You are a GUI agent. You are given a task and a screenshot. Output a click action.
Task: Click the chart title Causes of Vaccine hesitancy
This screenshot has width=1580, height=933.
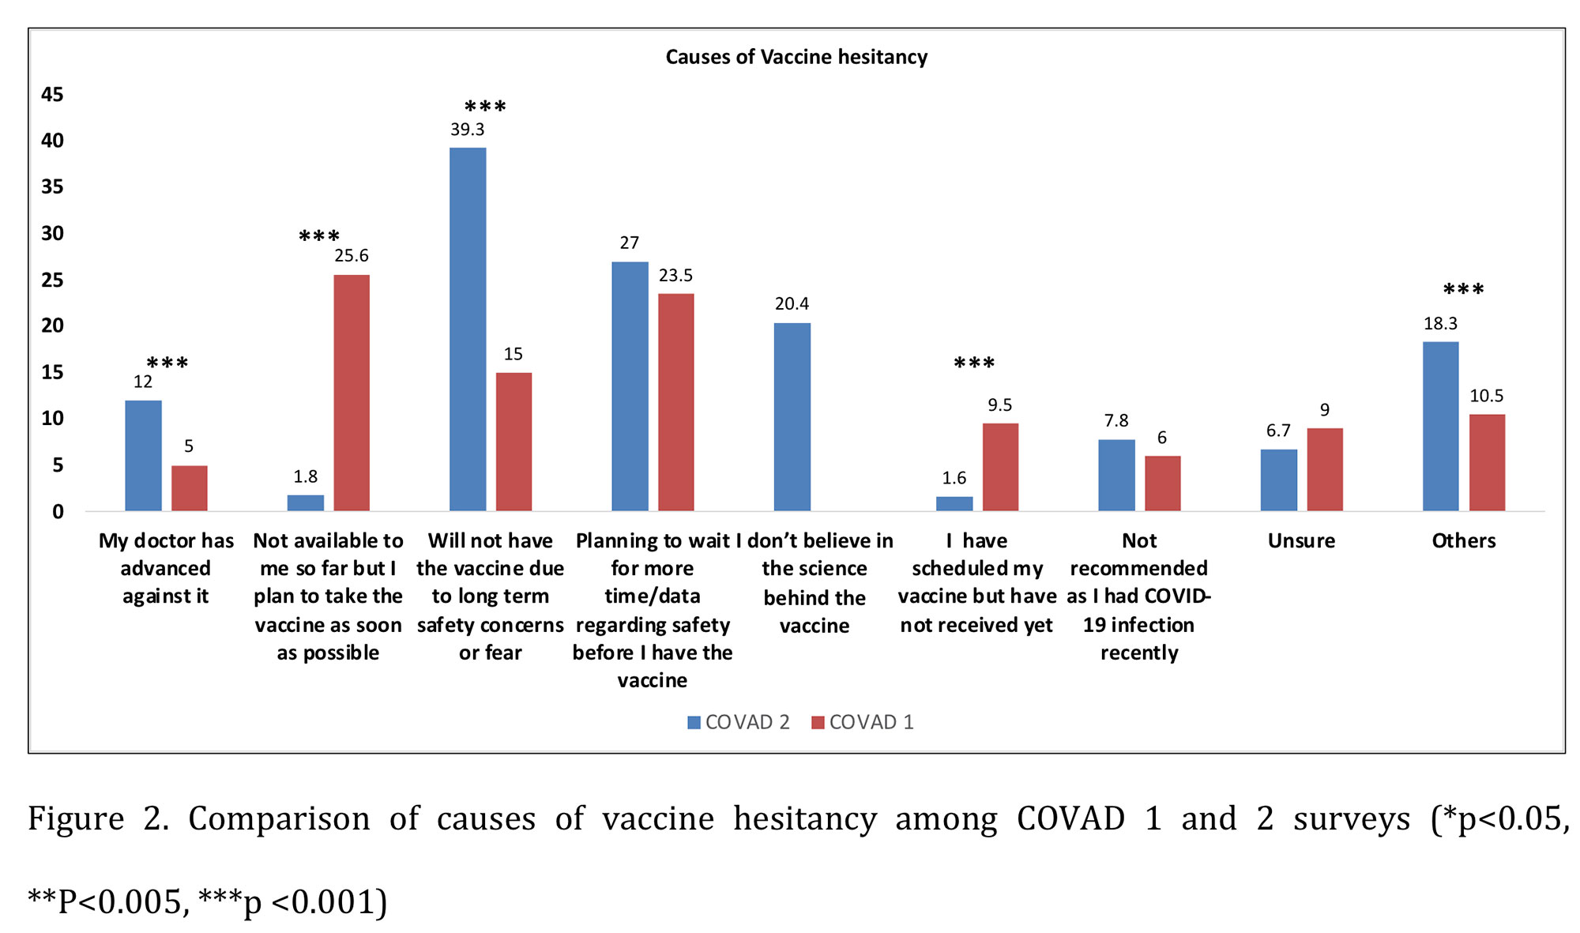(796, 57)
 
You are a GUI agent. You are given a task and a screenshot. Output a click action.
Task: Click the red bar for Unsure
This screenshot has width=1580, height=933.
(1325, 469)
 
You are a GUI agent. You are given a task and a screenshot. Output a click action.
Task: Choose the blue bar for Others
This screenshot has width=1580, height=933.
(1440, 426)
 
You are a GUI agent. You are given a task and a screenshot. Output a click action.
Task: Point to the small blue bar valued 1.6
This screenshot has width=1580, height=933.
(954, 503)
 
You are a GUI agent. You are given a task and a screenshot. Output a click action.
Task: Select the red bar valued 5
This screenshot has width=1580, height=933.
(190, 488)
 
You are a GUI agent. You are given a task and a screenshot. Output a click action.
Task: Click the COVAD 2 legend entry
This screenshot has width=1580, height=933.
(739, 722)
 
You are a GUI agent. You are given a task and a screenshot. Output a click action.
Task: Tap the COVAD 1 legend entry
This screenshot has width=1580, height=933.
(863, 722)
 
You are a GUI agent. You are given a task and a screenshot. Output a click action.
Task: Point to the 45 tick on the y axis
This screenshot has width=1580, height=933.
(52, 95)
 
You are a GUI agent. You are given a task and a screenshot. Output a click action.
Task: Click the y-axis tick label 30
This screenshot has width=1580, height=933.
(52, 233)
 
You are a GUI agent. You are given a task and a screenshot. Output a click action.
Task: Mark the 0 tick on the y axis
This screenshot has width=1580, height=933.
(58, 512)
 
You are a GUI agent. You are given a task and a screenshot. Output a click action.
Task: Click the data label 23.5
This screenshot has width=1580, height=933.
(675, 276)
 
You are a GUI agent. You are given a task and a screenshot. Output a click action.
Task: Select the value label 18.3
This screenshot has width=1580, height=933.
(1440, 323)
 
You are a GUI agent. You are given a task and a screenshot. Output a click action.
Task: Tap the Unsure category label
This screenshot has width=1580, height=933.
(1301, 541)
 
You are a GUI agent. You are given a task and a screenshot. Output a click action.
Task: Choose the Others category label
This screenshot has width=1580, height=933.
(1464, 541)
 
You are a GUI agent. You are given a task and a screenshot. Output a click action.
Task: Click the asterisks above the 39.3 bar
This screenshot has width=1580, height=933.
(485, 107)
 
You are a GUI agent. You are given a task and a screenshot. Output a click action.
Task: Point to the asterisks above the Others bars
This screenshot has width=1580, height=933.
(1463, 290)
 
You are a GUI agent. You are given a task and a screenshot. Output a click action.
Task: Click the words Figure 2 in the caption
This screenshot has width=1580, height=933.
(98, 819)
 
